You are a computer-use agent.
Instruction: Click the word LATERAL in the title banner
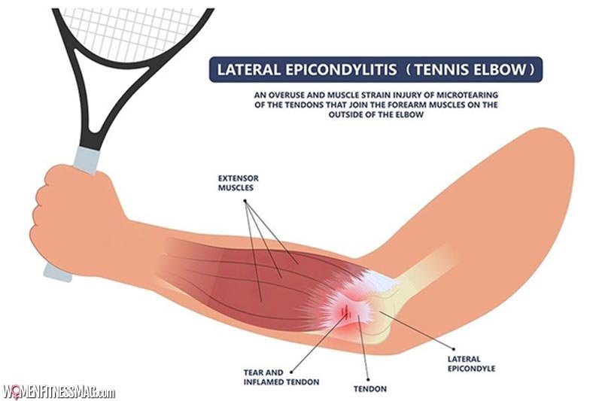pyautogui.click(x=248, y=70)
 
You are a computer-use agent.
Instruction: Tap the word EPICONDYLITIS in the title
pyautogui.click(x=341, y=70)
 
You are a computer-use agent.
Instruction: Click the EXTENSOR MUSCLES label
pyautogui.click(x=238, y=183)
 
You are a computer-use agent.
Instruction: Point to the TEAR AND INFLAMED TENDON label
pyautogui.click(x=281, y=377)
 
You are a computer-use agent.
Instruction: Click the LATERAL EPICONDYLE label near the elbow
pyautogui.click(x=471, y=364)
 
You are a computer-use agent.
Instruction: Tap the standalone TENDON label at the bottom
pyautogui.click(x=370, y=389)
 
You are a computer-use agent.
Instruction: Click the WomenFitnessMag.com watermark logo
pyautogui.click(x=59, y=392)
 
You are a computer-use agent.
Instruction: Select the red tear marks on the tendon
pyautogui.click(x=347, y=311)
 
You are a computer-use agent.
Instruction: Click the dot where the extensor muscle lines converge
pyautogui.click(x=245, y=201)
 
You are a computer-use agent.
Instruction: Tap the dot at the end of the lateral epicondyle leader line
pyautogui.click(x=454, y=349)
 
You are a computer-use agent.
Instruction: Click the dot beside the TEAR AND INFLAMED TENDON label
pyautogui.click(x=291, y=372)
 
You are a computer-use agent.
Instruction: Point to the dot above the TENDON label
pyautogui.click(x=368, y=379)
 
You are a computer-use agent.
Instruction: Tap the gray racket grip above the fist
pyautogui.click(x=87, y=159)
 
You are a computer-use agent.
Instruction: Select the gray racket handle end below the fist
pyautogui.click(x=58, y=273)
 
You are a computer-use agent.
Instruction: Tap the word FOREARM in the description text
pyautogui.click(x=396, y=105)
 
